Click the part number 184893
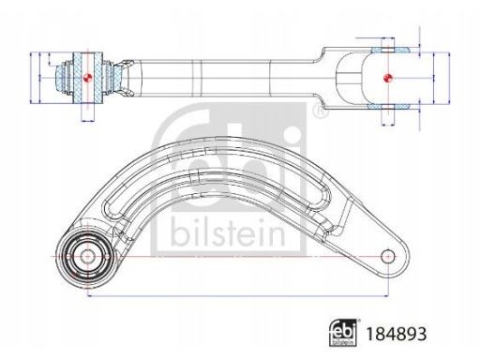click(396, 334)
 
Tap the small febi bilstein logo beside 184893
click(343, 333)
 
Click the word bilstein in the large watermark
click(228, 232)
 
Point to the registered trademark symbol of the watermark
click(320, 111)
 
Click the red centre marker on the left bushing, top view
click(87, 77)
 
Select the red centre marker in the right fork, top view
click(388, 78)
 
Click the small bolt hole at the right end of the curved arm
click(388, 257)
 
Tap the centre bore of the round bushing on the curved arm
click(87, 257)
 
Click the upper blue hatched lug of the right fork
click(391, 50)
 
